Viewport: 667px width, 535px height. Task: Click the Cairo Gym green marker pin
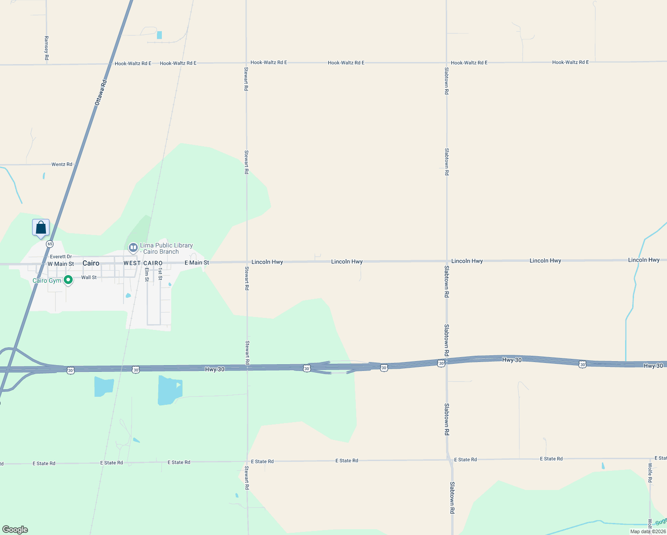pos(68,280)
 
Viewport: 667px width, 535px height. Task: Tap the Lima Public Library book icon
pos(133,247)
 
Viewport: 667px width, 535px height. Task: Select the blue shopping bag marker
pos(41,227)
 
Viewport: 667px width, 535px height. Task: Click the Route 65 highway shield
pos(49,244)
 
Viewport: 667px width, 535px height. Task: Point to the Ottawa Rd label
pos(101,93)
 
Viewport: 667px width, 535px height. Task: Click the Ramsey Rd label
pos(46,48)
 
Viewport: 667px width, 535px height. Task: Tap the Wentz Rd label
pos(62,165)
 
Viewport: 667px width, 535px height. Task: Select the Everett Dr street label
pos(61,257)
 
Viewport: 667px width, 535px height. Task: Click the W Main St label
pos(61,264)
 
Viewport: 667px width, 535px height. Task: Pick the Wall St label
pos(89,277)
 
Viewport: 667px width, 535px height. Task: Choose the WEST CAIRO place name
pos(143,263)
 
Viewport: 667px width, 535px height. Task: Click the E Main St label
pos(197,263)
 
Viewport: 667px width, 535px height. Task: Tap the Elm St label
pos(146,274)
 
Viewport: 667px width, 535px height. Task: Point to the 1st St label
pos(160,274)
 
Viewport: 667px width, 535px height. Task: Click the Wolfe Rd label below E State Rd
pos(650,473)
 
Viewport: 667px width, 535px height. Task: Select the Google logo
pos(15,530)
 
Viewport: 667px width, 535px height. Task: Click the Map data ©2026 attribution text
pos(647,531)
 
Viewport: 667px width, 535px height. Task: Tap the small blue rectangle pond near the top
pos(159,35)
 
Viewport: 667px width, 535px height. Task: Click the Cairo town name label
pos(91,263)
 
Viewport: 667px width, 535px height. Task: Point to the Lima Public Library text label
pos(166,248)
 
